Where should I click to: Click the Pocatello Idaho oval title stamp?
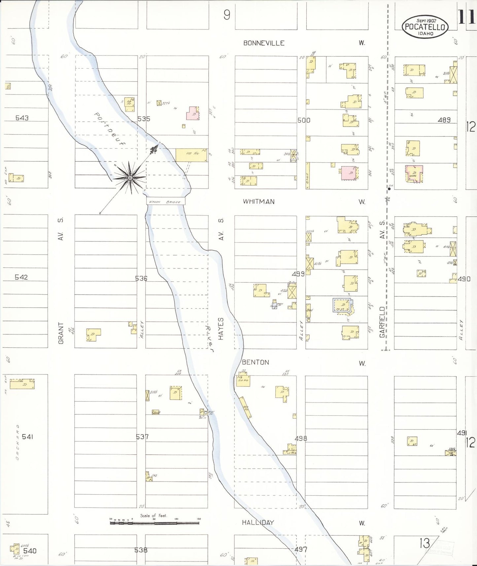coord(425,27)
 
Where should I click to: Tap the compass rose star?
coord(130,178)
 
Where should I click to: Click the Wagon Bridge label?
coord(165,202)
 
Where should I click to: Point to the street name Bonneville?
coord(264,43)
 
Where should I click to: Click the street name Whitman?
coord(258,201)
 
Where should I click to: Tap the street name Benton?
coord(255,362)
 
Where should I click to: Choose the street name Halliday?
coord(258,522)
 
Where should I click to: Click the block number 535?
coord(144,119)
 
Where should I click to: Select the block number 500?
coord(304,120)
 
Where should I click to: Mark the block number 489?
coord(444,120)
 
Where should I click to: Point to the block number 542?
coord(21,277)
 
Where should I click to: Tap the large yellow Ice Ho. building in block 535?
coord(191,155)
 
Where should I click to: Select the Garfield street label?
coord(382,322)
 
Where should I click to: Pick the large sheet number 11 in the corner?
coord(466,17)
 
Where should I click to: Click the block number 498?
coord(301,438)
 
